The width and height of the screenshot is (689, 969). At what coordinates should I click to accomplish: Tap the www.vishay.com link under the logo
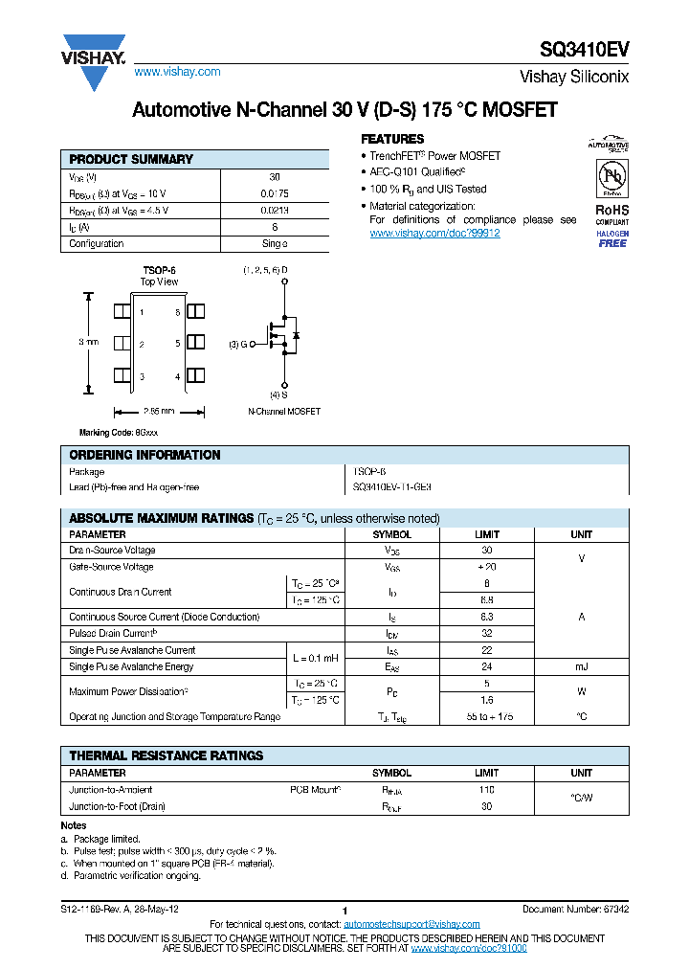177,72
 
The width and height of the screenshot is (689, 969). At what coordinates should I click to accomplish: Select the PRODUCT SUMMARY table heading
131,159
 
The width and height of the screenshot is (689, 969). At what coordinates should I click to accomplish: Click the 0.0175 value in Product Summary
275,193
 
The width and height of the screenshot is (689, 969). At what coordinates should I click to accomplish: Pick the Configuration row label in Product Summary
97,244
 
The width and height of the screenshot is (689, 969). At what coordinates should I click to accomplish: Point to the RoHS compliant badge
612,214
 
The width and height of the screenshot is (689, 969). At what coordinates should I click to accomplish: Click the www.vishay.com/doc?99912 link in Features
434,233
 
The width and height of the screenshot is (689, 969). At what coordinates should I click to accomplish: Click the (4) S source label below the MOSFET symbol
278,394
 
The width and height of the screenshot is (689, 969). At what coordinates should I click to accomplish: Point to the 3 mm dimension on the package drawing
88,342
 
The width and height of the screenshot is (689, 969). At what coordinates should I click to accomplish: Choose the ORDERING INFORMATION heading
144,455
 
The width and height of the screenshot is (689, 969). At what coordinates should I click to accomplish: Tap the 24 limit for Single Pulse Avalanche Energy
487,666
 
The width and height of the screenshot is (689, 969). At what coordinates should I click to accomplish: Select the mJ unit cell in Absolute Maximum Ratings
582,666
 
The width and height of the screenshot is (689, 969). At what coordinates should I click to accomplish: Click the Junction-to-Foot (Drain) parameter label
117,806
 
